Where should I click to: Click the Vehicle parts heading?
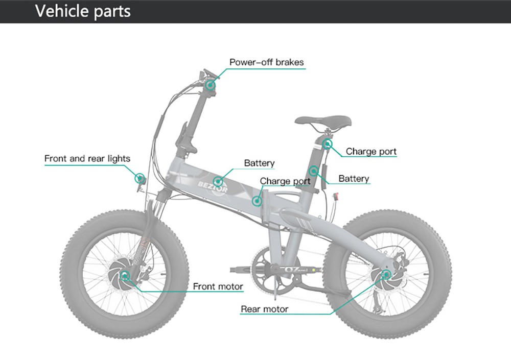pyautogui.click(x=83, y=11)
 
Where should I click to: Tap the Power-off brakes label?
pyautogui.click(x=266, y=62)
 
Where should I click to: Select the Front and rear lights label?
pyautogui.click(x=87, y=158)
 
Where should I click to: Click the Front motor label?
pyautogui.click(x=218, y=286)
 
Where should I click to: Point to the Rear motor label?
pyautogui.click(x=264, y=309)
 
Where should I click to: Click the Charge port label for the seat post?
pyautogui.click(x=371, y=151)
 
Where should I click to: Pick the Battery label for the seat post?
pyautogui.click(x=354, y=179)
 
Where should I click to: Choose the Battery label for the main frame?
pyautogui.click(x=259, y=163)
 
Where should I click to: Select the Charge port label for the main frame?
pyautogui.click(x=285, y=181)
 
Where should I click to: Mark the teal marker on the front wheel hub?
pyautogui.click(x=125, y=277)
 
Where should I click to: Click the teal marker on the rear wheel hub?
pyautogui.click(x=385, y=275)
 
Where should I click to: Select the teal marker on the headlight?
pyautogui.click(x=139, y=178)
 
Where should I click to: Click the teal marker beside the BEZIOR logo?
pyautogui.click(x=218, y=181)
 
